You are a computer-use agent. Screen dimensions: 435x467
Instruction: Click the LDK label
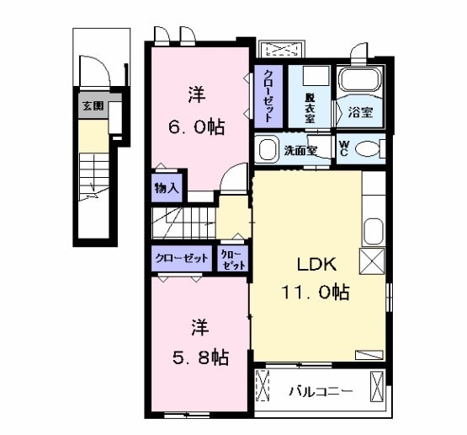click(316, 265)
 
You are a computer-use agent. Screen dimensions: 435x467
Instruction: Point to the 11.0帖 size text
click(315, 293)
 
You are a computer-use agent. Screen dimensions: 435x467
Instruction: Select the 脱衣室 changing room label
click(310, 108)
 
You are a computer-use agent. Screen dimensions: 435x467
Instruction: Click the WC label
click(345, 148)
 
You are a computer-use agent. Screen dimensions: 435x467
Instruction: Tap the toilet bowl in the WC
click(369, 149)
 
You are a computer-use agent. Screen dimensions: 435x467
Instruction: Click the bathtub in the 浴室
click(359, 83)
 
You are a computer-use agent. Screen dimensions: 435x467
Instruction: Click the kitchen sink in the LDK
click(371, 230)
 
